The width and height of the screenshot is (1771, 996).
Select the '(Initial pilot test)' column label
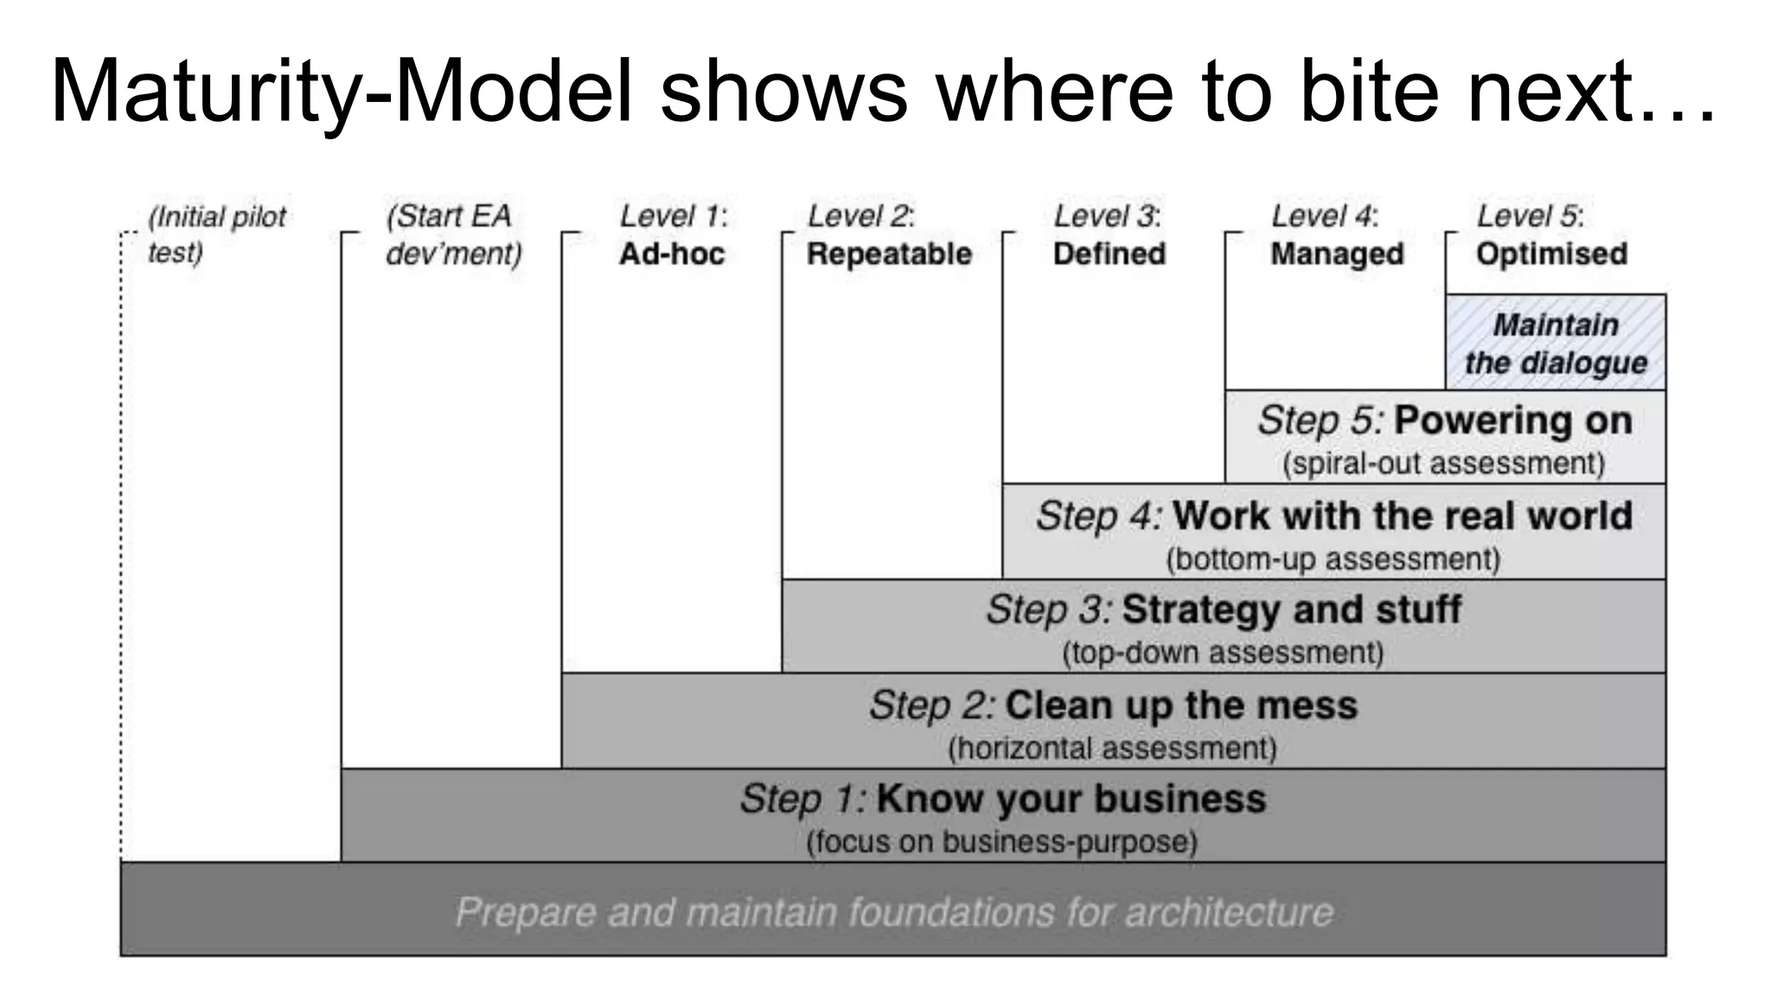click(x=216, y=234)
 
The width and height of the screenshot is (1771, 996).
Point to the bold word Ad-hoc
click(x=672, y=254)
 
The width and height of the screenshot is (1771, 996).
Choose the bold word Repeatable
click(x=889, y=254)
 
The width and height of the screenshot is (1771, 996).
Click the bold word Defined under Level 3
click(x=1109, y=254)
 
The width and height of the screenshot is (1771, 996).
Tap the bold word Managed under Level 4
click(x=1337, y=254)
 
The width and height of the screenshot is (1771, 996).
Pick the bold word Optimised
click(x=1551, y=254)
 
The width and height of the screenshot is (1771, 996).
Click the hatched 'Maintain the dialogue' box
click(x=1556, y=343)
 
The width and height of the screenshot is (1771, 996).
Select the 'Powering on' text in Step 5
click(x=1512, y=421)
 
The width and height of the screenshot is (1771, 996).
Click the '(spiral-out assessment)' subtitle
click(x=1443, y=463)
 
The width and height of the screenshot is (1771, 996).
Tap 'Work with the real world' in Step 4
click(x=1402, y=516)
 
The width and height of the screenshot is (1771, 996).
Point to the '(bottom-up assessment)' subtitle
click(x=1333, y=559)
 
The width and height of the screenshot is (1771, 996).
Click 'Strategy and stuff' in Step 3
click(x=1291, y=610)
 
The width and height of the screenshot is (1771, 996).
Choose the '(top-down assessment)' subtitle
click(x=1223, y=653)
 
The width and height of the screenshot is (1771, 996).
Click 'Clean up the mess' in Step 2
click(x=1181, y=705)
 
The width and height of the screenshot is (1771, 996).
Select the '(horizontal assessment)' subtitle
click(x=1112, y=748)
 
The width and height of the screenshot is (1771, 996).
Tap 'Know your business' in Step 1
click(x=1071, y=799)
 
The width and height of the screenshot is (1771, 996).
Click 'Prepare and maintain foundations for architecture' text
click(x=894, y=912)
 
